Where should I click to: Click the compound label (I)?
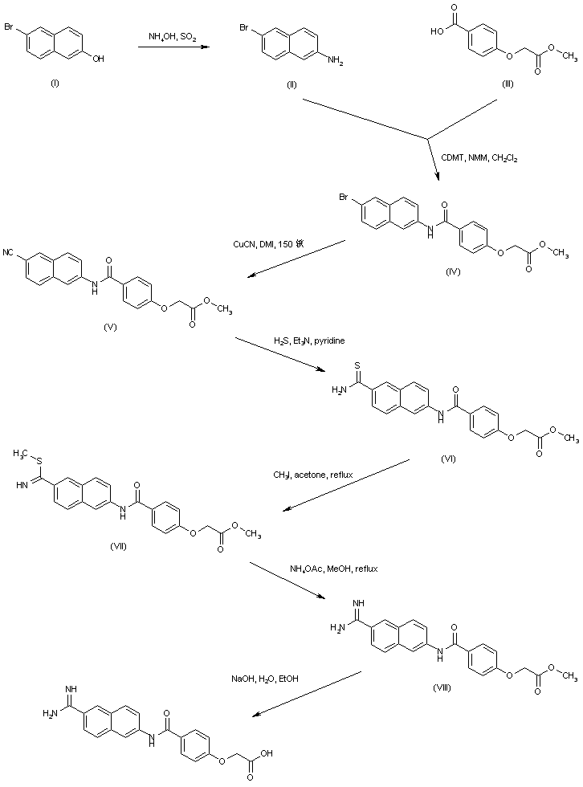tap(55, 83)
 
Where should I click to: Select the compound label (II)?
tap(292, 84)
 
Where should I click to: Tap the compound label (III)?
tap(508, 84)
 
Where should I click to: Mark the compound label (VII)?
tap(118, 546)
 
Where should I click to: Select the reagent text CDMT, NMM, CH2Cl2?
tap(479, 158)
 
